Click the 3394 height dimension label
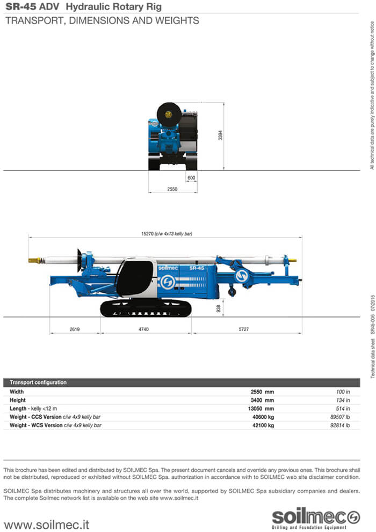220,135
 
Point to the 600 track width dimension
191,178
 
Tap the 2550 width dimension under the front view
172,189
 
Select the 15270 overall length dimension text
167,234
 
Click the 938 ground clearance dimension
219,308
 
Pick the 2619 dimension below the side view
75,329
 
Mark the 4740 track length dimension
143,329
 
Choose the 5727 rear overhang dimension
244,329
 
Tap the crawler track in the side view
146,308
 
